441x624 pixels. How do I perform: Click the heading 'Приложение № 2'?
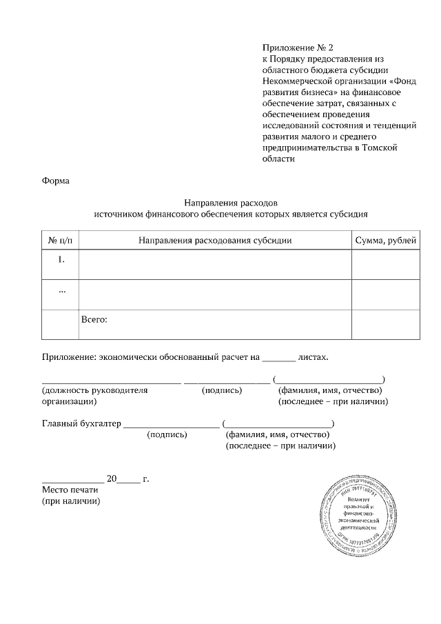297,48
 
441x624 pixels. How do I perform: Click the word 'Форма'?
56,181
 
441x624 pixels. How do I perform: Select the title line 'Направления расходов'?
230,203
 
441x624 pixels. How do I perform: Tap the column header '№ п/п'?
60,240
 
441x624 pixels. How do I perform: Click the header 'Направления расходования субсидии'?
215,240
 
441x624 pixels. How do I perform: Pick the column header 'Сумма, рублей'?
384,240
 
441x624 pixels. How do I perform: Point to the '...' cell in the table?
61,290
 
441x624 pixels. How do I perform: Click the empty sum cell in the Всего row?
384,324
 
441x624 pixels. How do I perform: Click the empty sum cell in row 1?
384,265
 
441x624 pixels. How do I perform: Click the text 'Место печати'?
70,490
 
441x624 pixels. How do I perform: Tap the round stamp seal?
359,514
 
